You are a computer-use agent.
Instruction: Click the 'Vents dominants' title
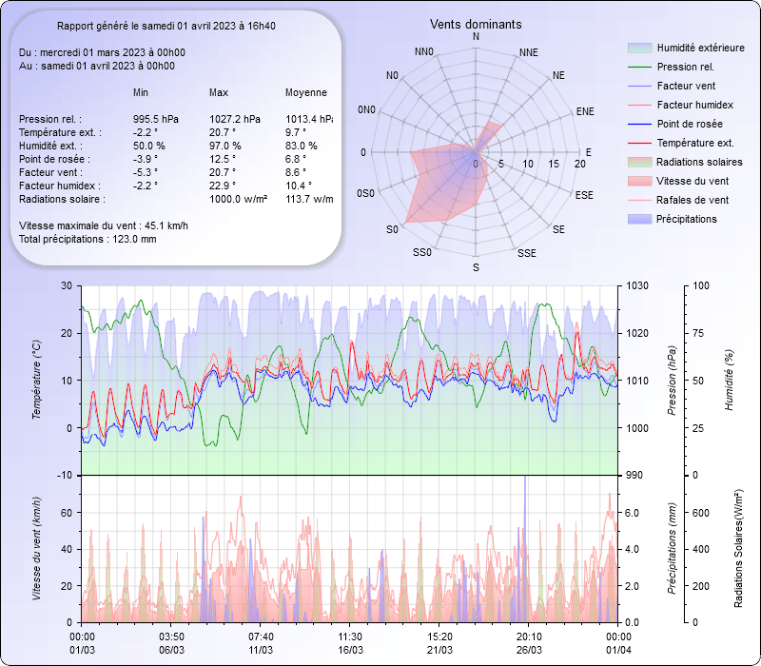pyautogui.click(x=476, y=24)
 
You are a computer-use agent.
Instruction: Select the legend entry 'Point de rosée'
pyautogui.click(x=689, y=125)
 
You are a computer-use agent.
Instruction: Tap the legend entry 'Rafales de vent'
pyautogui.click(x=693, y=200)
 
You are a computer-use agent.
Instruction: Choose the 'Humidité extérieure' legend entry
pyautogui.click(x=700, y=48)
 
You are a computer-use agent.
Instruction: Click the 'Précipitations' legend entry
pyautogui.click(x=687, y=219)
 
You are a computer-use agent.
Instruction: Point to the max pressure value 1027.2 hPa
pyautogui.click(x=234, y=119)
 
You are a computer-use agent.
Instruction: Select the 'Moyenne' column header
pyautogui.click(x=306, y=92)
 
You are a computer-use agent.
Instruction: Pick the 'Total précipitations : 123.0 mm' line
pyautogui.click(x=88, y=239)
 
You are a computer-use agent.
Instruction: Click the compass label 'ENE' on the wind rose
pyautogui.click(x=585, y=111)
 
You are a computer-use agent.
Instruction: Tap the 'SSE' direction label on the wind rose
pyautogui.click(x=526, y=253)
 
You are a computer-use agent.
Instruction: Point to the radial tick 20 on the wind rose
pyautogui.click(x=580, y=164)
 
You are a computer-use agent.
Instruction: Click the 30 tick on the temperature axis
pyautogui.click(x=65, y=285)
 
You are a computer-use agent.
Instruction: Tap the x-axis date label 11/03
pyautogui.click(x=261, y=650)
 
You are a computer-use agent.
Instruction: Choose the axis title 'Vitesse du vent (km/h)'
pyautogui.click(x=36, y=549)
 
